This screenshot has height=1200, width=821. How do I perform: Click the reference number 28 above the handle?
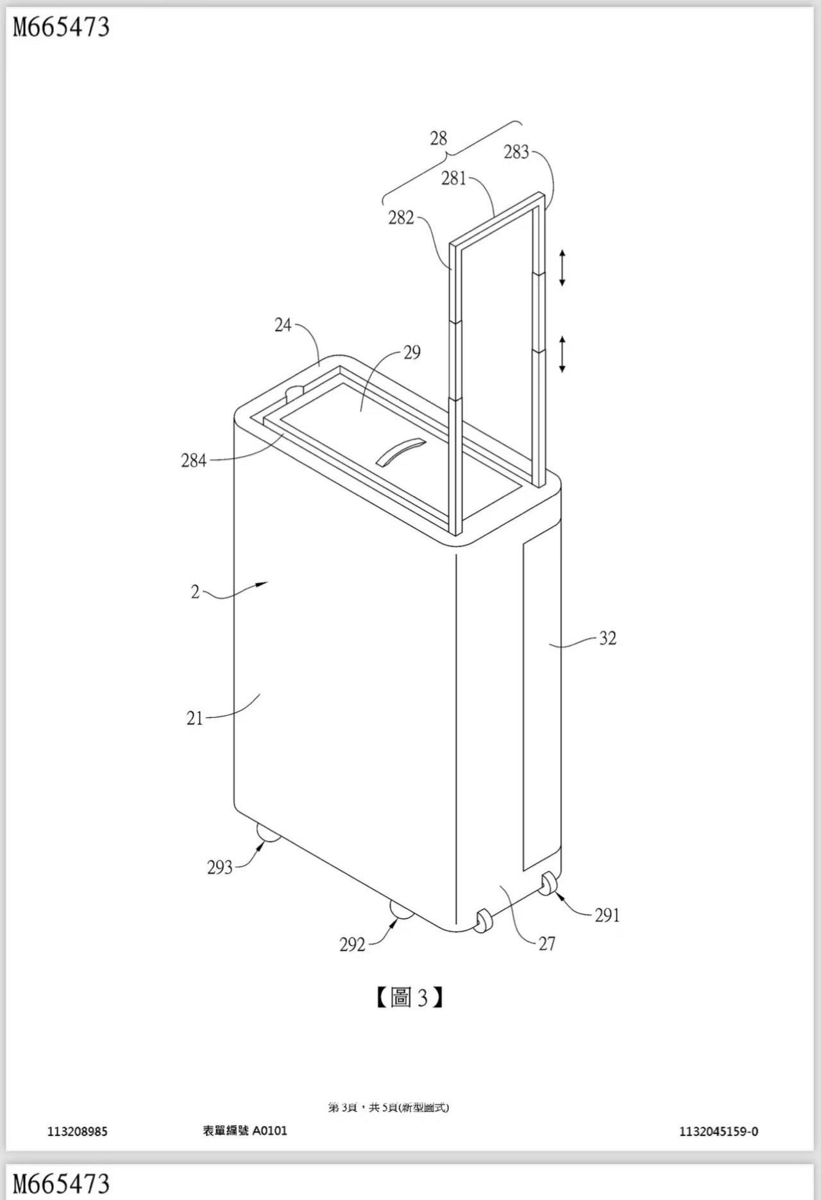[438, 138]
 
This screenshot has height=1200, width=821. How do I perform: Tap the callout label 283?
[516, 152]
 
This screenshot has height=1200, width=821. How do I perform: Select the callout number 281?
[453, 178]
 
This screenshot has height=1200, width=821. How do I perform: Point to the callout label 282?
[401, 218]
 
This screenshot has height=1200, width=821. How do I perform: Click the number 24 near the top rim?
[283, 325]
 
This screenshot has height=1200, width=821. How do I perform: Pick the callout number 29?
[412, 352]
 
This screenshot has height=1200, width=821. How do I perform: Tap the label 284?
[194, 461]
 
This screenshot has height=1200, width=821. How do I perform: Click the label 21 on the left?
[194, 718]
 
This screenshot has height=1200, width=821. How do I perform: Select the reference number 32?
[607, 638]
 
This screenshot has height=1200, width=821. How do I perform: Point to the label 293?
[219, 868]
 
